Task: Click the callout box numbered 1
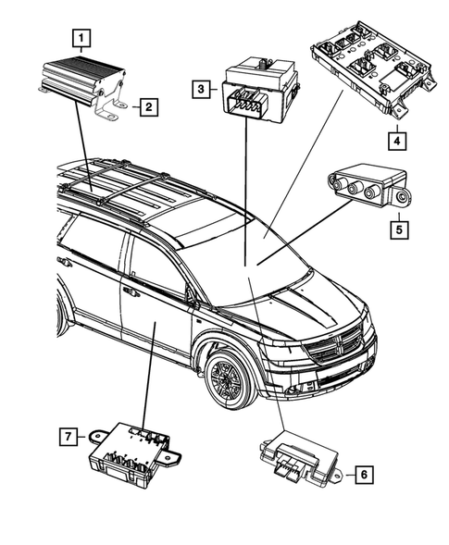point(83,39)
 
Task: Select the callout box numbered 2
point(146,108)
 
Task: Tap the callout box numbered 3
point(199,90)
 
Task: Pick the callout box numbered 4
point(395,142)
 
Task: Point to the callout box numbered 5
point(395,225)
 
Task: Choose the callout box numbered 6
point(364,475)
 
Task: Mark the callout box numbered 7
point(67,434)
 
